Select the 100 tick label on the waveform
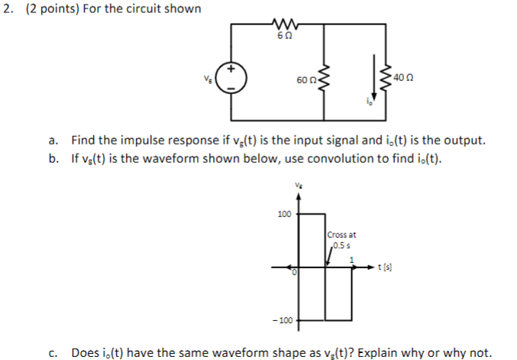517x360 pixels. pyautogui.click(x=284, y=215)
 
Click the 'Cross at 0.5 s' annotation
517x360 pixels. pyautogui.click(x=341, y=239)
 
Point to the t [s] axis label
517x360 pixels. pyautogui.click(x=387, y=268)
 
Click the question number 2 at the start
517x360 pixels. pyautogui.click(x=7, y=9)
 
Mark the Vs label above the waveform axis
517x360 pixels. pyautogui.click(x=297, y=185)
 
